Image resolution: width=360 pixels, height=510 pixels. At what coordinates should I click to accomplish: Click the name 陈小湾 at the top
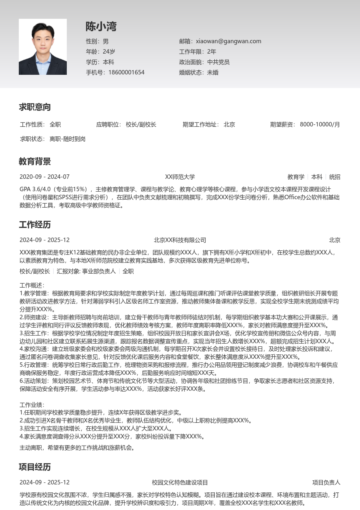[101, 27]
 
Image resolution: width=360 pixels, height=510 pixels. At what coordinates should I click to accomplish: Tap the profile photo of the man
[43, 47]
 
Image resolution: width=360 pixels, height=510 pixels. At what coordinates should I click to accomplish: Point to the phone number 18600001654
[126, 72]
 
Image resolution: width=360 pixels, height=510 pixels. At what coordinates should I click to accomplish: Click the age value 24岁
[109, 52]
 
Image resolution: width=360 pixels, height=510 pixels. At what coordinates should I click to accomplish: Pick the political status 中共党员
[218, 62]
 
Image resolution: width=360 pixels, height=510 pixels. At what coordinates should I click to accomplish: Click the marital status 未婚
[213, 72]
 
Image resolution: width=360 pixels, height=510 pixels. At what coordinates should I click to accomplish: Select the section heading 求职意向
[35, 107]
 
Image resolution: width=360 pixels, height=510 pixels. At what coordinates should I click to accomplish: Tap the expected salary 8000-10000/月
[320, 124]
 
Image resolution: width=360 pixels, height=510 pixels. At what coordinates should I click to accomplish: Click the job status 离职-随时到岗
[68, 139]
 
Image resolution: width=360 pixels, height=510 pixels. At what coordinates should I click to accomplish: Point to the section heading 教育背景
[35, 162]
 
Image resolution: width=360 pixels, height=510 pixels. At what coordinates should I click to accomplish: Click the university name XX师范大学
[180, 177]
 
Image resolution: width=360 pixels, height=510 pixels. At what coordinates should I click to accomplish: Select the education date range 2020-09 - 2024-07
[44, 177]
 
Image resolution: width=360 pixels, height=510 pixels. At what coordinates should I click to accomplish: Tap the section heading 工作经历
[35, 225]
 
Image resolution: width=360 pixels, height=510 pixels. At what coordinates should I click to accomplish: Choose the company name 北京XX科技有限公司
[180, 240]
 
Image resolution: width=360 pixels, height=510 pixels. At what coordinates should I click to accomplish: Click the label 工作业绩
[32, 405]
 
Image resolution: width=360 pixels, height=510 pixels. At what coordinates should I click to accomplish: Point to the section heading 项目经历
[35, 467]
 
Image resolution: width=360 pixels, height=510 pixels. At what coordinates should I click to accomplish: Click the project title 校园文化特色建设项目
[180, 482]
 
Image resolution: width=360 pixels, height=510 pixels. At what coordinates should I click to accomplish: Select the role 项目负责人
[326, 482]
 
